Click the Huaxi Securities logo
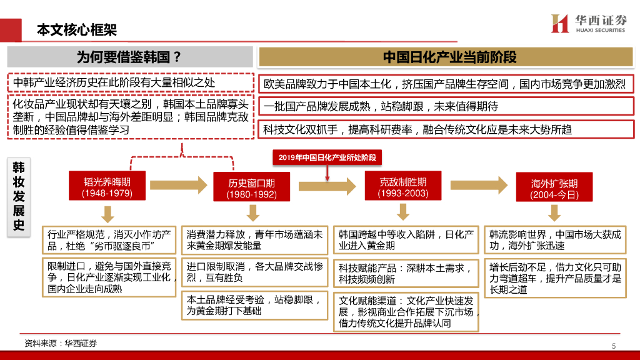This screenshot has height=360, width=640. point(587,23)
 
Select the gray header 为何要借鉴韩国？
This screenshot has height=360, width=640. point(129,57)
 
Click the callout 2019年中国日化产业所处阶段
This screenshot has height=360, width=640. point(327,157)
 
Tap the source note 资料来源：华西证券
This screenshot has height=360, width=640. point(61,344)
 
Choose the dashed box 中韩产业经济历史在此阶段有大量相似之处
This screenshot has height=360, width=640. point(130,82)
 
